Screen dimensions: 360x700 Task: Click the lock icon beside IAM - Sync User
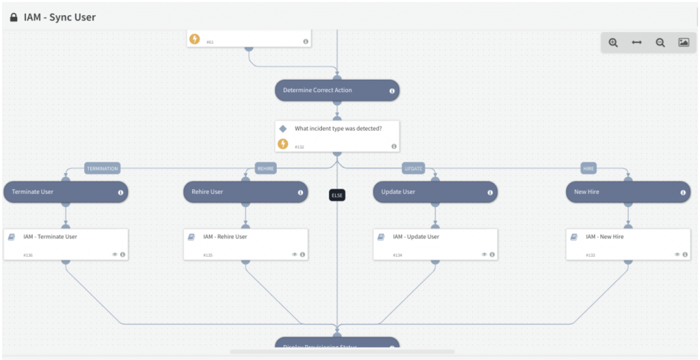click(14, 17)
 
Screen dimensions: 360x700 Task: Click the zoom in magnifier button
click(613, 42)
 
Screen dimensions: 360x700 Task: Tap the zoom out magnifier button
click(660, 42)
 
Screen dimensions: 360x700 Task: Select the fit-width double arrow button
click(636, 42)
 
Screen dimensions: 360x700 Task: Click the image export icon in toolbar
click(684, 42)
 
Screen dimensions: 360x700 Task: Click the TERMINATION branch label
click(103, 168)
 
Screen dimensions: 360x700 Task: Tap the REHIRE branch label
click(265, 168)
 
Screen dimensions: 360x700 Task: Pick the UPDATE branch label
click(414, 168)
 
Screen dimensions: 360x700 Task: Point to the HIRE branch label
click(589, 168)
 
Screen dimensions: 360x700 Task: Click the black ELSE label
click(337, 195)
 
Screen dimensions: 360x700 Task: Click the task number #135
click(207, 255)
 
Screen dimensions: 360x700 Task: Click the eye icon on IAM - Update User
click(483, 254)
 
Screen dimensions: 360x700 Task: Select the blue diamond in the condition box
click(283, 128)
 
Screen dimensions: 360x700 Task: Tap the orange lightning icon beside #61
click(194, 39)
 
